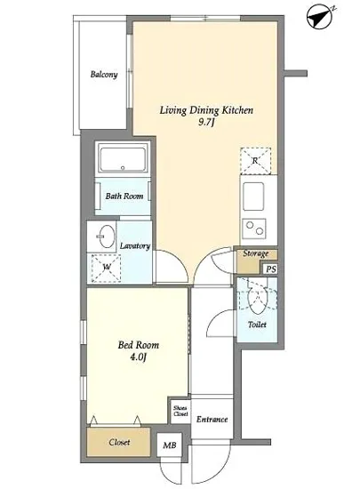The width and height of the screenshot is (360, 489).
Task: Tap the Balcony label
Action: click(104, 75)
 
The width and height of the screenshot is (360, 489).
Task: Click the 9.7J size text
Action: click(206, 122)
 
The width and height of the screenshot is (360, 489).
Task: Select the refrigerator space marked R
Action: click(255, 161)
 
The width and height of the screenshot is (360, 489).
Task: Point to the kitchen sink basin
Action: click(253, 196)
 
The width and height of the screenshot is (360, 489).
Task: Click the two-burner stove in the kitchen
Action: click(254, 228)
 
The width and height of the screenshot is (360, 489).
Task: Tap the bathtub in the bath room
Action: click(123, 159)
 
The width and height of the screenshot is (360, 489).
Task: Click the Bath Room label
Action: click(124, 196)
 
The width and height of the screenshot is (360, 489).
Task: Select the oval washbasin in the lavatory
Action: click(105, 236)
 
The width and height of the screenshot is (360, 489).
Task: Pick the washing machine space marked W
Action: click(106, 268)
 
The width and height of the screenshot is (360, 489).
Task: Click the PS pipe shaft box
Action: click(270, 269)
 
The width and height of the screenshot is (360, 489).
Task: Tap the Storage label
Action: click(256, 253)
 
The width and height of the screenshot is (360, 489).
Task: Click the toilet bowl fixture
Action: click(257, 300)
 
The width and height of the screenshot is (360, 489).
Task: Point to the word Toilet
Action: click(257, 325)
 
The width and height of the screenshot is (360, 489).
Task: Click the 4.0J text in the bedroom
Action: click(138, 357)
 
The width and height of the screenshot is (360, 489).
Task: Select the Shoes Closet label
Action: click(180, 411)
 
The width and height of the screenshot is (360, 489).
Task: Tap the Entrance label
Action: click(212, 420)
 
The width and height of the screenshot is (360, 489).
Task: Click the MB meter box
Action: click(170, 445)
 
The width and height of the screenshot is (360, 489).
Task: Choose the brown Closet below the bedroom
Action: click(118, 443)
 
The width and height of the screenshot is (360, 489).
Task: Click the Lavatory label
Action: click(135, 246)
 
